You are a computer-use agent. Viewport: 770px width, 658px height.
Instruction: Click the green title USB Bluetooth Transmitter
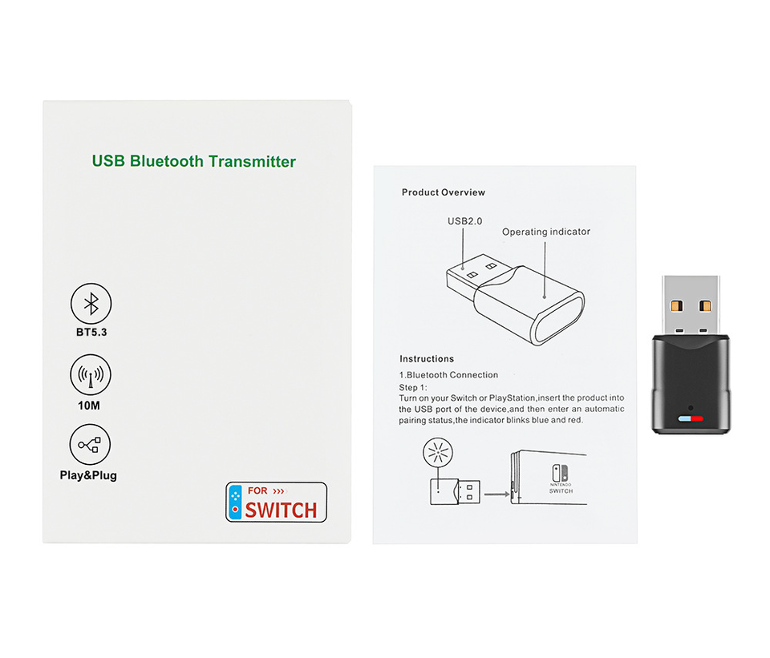tap(194, 161)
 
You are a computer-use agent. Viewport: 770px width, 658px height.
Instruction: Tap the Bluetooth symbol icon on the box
tap(91, 303)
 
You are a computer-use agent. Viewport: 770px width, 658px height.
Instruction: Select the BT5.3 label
tap(91, 333)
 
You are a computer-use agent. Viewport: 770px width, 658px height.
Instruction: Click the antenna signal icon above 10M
tap(91, 374)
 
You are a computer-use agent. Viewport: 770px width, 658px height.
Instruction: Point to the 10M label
tap(89, 406)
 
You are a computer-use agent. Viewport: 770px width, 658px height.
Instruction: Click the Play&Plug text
tap(88, 475)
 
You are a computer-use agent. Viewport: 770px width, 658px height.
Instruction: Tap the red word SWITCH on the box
tap(281, 509)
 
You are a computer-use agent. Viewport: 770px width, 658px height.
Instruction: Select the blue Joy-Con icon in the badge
tap(235, 501)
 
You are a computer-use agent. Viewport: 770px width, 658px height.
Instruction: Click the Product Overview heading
tap(444, 192)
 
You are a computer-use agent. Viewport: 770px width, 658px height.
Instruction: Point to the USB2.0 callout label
tap(465, 221)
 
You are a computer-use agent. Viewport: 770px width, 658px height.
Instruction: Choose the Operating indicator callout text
tap(546, 232)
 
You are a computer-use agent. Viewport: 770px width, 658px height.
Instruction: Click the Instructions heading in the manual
tap(427, 359)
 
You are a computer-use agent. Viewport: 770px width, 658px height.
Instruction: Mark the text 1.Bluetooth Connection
tap(448, 375)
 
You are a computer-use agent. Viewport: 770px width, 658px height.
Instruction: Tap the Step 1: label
tap(415, 387)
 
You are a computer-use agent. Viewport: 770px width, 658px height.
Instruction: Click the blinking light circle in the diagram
tap(438, 455)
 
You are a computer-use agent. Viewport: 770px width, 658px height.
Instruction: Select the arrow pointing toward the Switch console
tap(497, 494)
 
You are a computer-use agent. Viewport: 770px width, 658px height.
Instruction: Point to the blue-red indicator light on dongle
tap(690, 418)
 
